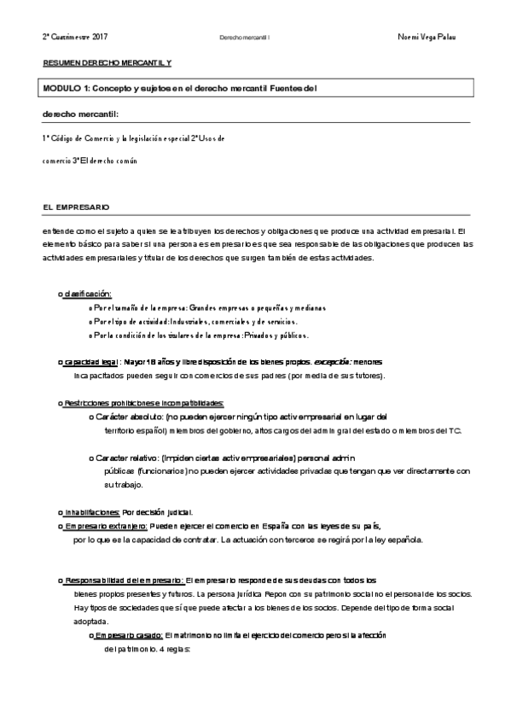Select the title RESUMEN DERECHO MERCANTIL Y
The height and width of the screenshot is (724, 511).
click(107, 64)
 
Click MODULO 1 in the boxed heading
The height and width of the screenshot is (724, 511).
click(67, 89)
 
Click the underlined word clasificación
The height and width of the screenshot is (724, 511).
click(88, 293)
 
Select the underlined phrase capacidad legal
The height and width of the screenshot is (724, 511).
click(90, 362)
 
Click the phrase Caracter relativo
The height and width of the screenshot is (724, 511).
click(128, 458)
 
